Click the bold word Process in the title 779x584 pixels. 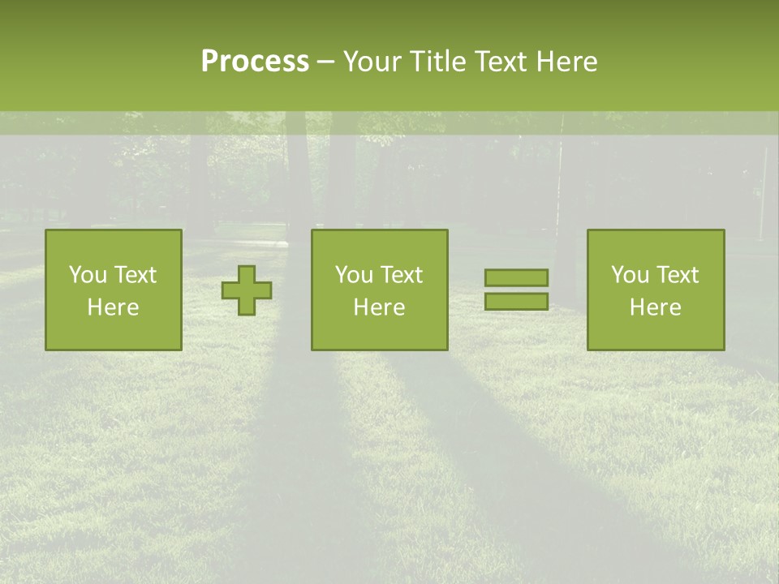[x=255, y=62]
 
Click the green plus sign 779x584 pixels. [x=247, y=290]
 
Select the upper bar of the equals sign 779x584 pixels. [x=516, y=277]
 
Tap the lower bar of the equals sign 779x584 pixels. [x=516, y=301]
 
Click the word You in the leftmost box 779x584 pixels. [x=87, y=275]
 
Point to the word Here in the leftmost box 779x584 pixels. [x=113, y=307]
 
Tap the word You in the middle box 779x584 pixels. [x=353, y=275]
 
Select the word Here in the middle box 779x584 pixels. [x=379, y=307]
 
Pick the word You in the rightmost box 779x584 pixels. [x=629, y=275]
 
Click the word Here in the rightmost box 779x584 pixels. [x=655, y=307]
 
